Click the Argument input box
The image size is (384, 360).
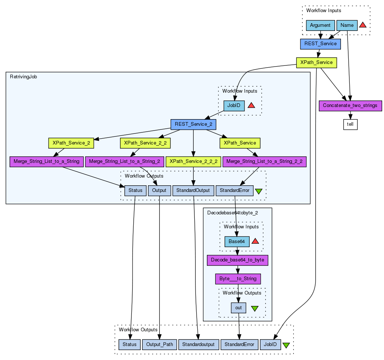[x=320, y=25]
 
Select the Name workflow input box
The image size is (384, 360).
[x=347, y=25]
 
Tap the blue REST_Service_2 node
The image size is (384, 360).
[x=193, y=124]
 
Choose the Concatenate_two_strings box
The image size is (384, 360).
[x=350, y=106]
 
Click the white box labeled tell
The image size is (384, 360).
[x=350, y=124]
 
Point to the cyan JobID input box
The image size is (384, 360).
[x=234, y=106]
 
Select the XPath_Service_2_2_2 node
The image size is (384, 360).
[x=193, y=161]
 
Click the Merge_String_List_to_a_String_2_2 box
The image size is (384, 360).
[x=265, y=161]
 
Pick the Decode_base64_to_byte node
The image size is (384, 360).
[x=237, y=260]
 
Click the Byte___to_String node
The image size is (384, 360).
[x=238, y=279]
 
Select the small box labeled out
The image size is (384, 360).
[x=238, y=308]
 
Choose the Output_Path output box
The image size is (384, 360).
[x=159, y=345]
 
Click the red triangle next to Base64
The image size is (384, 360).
[x=255, y=242]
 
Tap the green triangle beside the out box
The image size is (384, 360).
[x=255, y=308]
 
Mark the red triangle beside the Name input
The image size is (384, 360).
[x=363, y=25]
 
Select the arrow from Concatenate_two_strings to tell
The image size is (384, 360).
[x=350, y=115]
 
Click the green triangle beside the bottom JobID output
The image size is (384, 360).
[x=286, y=345]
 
